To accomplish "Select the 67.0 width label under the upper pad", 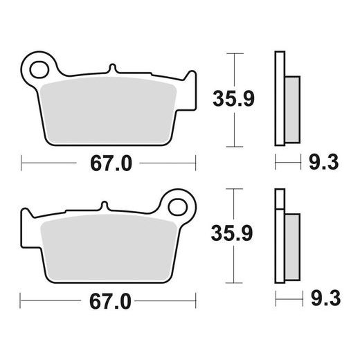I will point(111,164).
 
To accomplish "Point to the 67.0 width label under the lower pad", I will point(111,303).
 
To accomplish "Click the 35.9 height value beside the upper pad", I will point(230,98).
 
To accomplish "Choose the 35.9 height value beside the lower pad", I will point(230,236).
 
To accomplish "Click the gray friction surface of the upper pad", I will point(111,111).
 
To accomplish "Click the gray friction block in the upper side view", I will point(292,107).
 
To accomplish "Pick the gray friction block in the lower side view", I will point(292,244).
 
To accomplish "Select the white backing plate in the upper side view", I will point(279,97).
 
